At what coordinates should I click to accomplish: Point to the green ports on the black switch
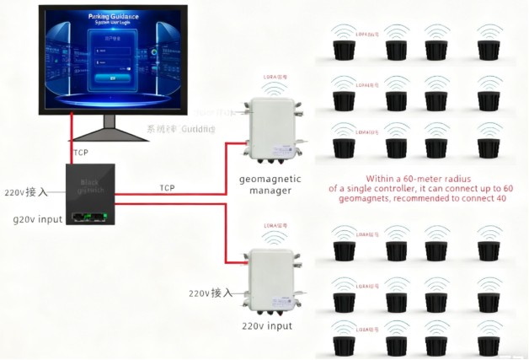click(88, 218)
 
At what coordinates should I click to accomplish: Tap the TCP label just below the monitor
click(81, 153)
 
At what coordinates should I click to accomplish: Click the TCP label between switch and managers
click(167, 187)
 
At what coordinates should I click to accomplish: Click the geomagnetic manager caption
click(265, 185)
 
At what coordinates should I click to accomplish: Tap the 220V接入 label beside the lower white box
click(210, 293)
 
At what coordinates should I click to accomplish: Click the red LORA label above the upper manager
click(275, 77)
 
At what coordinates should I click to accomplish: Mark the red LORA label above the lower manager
click(275, 226)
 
